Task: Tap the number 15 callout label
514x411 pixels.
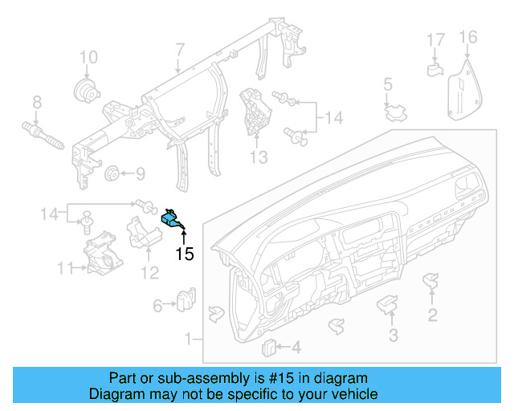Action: click(x=185, y=254)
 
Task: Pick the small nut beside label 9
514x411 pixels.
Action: click(x=112, y=173)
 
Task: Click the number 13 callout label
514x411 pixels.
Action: click(x=258, y=157)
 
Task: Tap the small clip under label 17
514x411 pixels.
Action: click(x=434, y=68)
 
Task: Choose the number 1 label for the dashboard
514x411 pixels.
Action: click(x=190, y=340)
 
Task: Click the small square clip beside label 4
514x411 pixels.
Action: click(x=270, y=346)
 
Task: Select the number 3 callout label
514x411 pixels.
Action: click(x=393, y=335)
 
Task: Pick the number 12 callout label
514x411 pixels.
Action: click(x=150, y=274)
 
